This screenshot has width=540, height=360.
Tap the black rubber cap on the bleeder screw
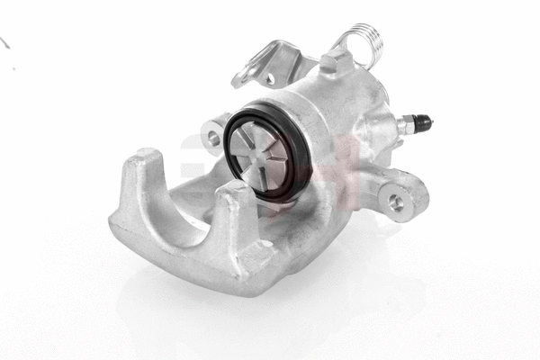[423, 120]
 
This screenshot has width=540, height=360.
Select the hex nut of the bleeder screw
[407, 125]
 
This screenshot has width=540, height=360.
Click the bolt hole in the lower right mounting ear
[396, 202]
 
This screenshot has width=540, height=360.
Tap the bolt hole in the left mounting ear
[213, 138]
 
